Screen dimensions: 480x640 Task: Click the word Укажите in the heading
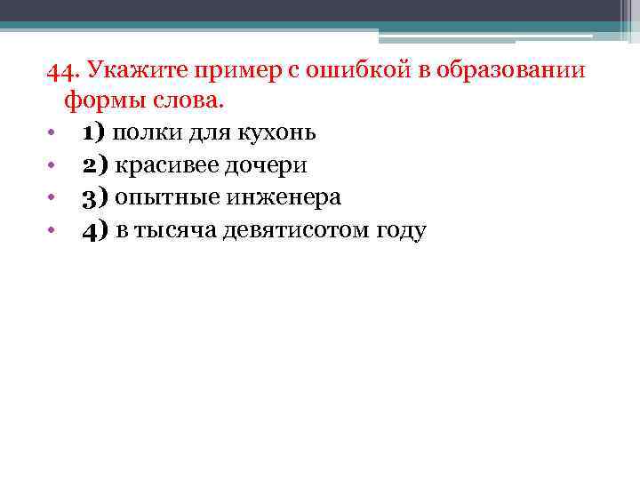point(129,72)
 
